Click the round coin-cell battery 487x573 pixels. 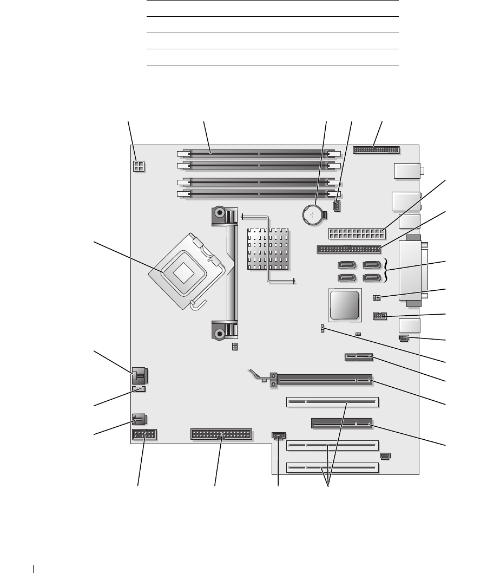312,217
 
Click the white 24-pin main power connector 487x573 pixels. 356,235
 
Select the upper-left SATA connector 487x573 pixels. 346,265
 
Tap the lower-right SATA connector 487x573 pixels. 371,278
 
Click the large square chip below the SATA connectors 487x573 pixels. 343,304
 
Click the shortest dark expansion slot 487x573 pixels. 358,357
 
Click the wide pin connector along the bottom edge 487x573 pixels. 221,433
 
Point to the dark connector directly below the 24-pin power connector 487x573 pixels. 347,250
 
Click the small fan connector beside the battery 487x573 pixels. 337,206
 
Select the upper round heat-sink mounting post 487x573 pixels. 219,213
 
